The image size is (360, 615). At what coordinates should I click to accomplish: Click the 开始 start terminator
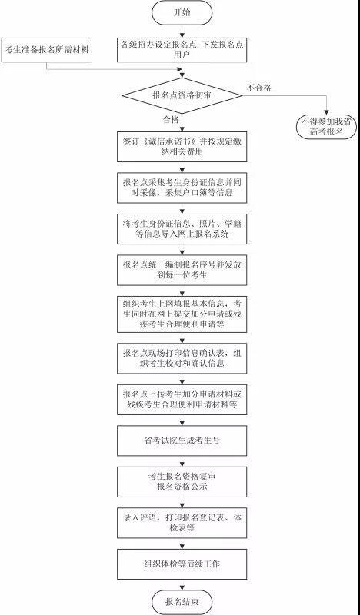click(x=182, y=12)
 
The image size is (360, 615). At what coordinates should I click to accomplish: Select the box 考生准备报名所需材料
click(x=47, y=50)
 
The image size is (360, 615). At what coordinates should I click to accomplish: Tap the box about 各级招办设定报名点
click(x=182, y=50)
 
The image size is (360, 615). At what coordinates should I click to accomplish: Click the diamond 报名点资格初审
click(x=182, y=95)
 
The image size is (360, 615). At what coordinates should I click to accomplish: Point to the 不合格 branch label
click(x=258, y=88)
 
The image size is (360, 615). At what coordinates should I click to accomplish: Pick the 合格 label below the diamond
click(x=171, y=120)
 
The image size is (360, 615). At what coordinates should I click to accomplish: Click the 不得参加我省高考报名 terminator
click(x=326, y=127)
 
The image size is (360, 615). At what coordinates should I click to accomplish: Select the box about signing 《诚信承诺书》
click(x=182, y=147)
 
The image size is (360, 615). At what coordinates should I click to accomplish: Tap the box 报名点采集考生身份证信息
click(x=182, y=188)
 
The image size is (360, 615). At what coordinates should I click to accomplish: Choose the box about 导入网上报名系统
click(x=182, y=229)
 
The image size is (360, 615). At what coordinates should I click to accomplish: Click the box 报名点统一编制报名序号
click(x=182, y=271)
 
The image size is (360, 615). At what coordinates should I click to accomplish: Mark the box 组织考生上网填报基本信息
click(x=182, y=314)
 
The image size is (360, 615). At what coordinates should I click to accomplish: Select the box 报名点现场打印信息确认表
click(x=182, y=358)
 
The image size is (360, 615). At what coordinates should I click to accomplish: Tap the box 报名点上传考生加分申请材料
click(x=182, y=400)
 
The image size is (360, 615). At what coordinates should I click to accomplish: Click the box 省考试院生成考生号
click(x=182, y=440)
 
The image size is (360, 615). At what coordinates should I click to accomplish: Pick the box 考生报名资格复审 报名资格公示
click(x=182, y=482)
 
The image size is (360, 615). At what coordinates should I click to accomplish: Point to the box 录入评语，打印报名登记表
click(x=182, y=524)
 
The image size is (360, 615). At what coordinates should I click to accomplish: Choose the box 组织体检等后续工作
click(x=182, y=564)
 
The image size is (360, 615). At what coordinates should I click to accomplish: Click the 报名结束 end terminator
click(x=182, y=602)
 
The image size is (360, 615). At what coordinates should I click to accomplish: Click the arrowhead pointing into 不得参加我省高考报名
click(x=326, y=112)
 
